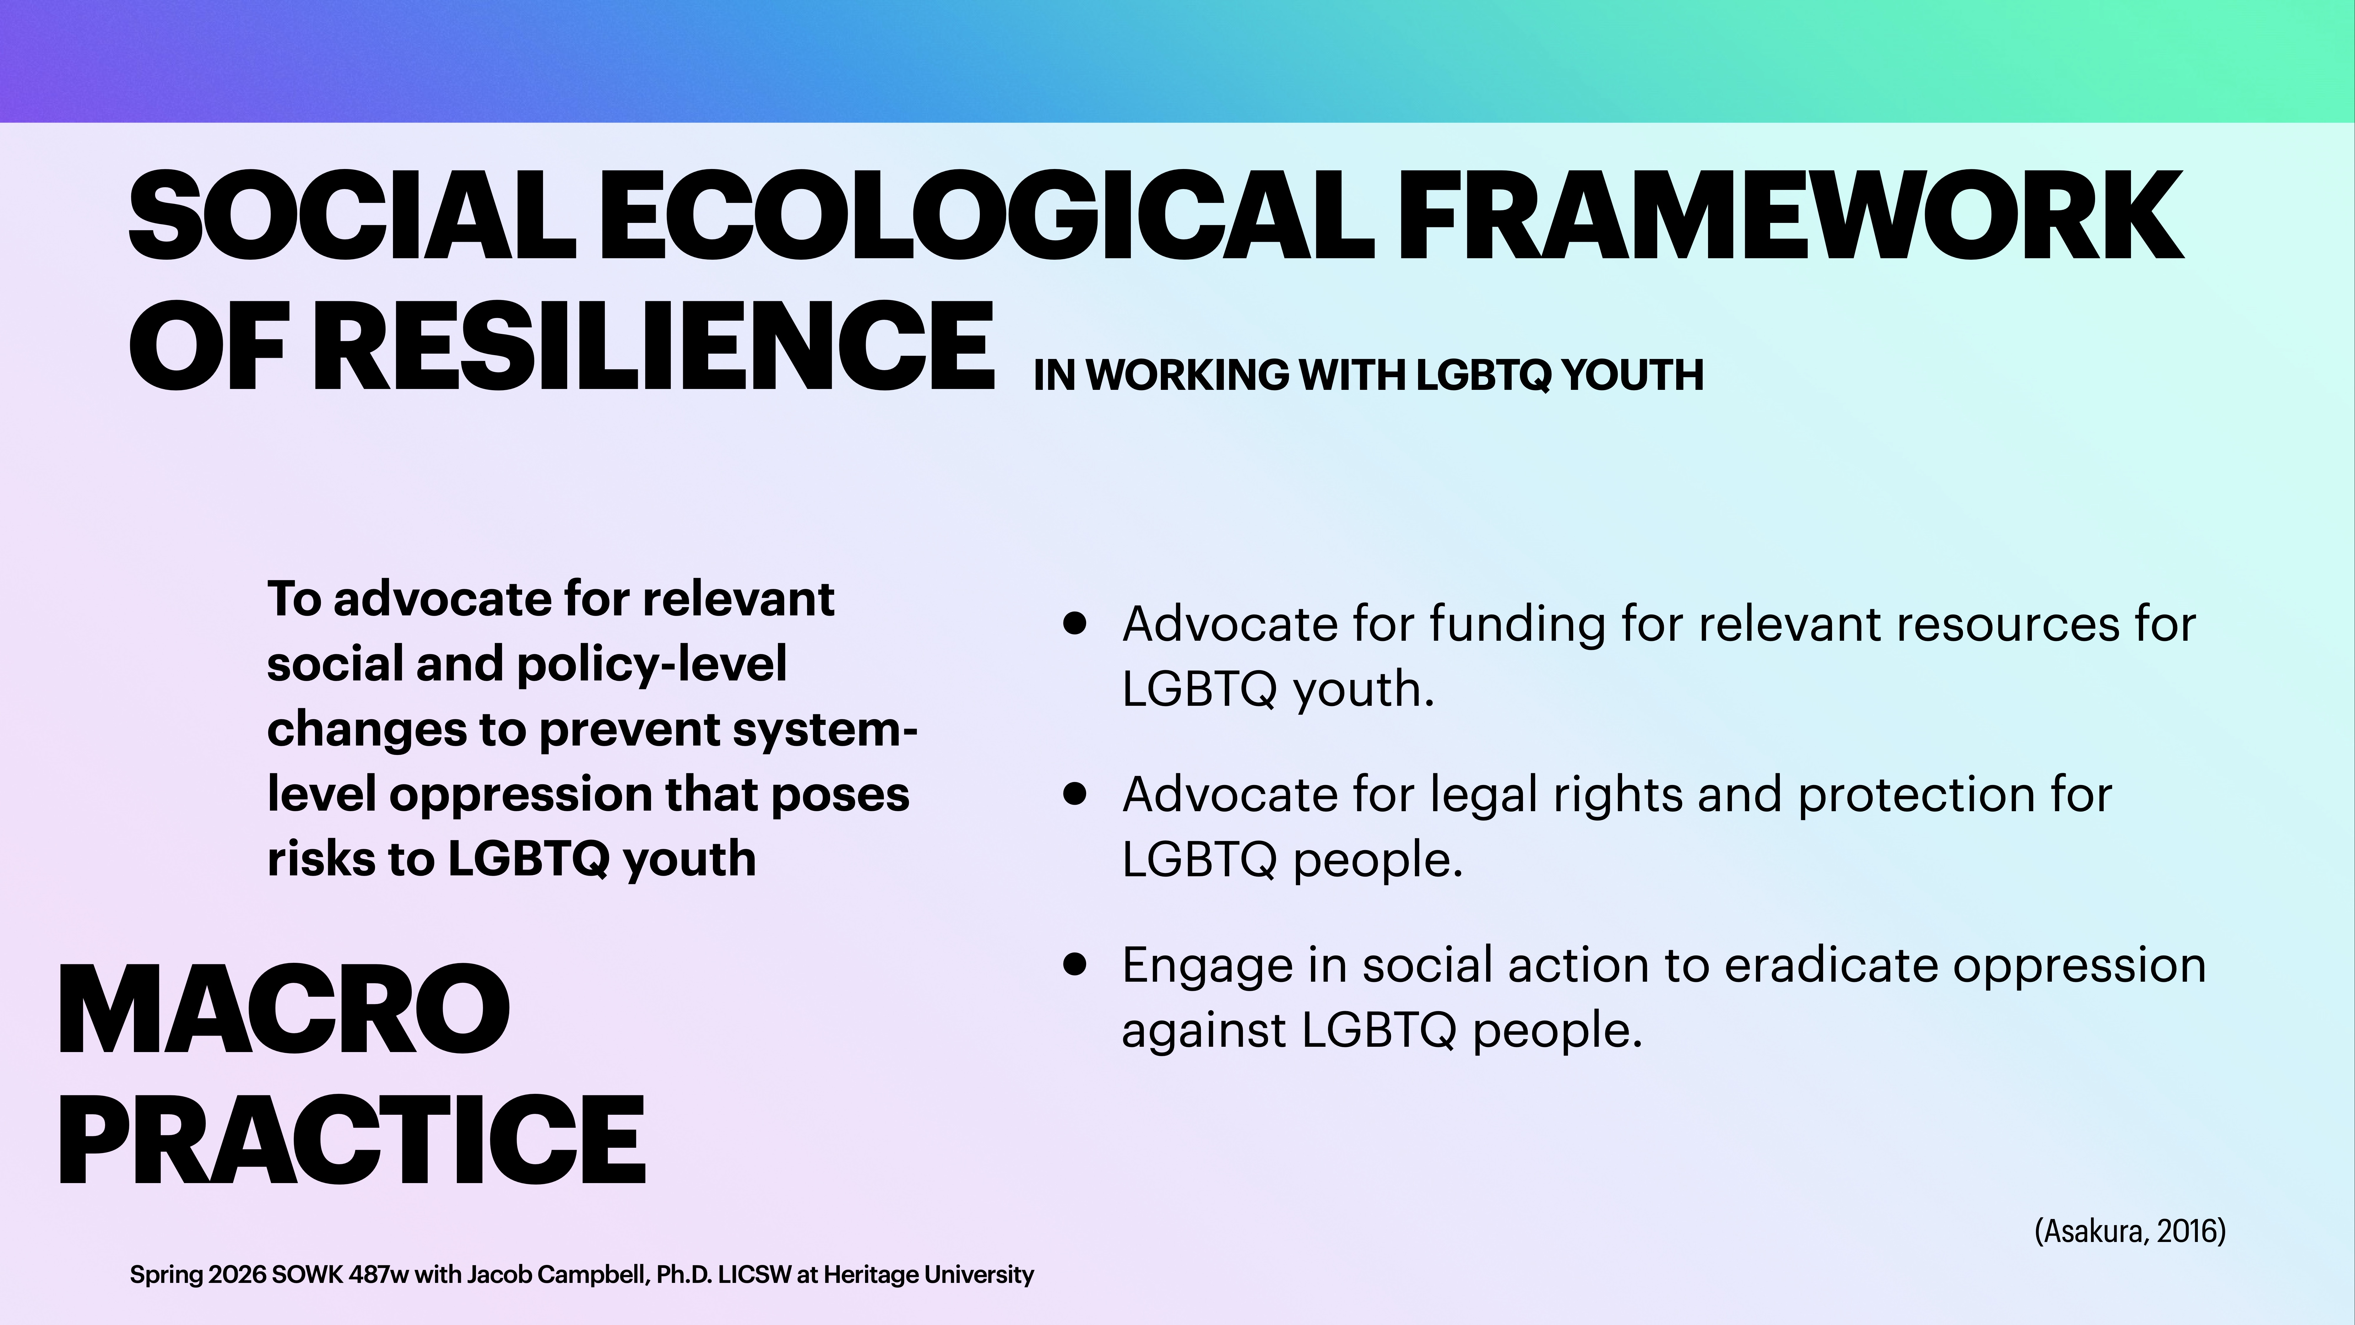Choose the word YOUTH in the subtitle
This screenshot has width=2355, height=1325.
click(1632, 375)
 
